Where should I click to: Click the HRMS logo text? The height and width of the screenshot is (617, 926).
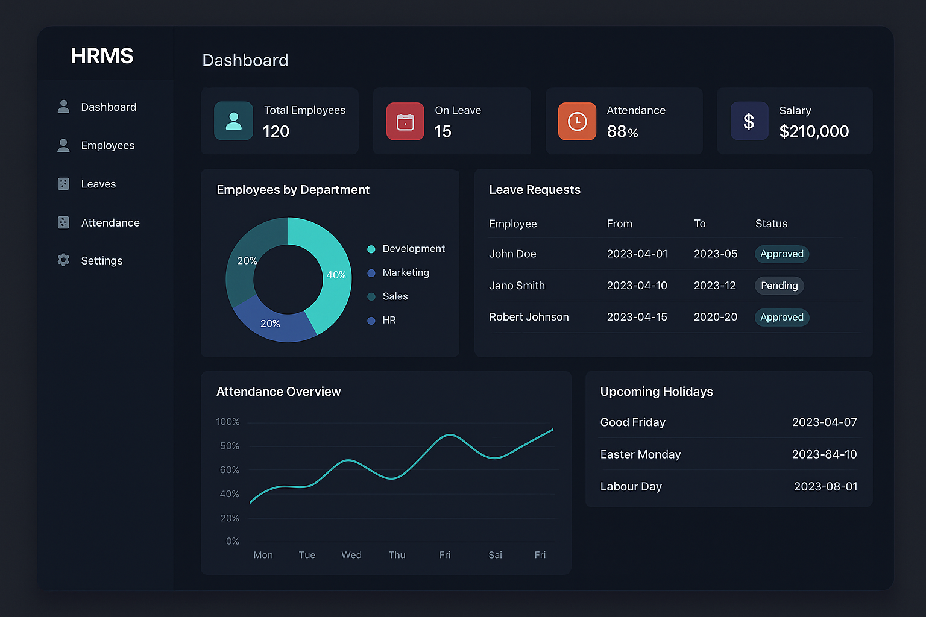(x=102, y=56)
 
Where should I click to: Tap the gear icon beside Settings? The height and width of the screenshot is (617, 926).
(x=63, y=260)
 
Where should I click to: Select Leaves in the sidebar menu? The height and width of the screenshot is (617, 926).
(x=98, y=184)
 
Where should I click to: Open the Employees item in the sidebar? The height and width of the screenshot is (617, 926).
(x=107, y=146)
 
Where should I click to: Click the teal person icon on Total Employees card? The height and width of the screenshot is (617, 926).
(x=233, y=121)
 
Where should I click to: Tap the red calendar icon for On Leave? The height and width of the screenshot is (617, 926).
(x=405, y=121)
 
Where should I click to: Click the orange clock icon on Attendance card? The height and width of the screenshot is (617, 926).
(x=577, y=121)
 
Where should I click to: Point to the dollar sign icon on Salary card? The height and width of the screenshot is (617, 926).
(x=749, y=121)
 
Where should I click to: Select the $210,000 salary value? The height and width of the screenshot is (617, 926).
(x=813, y=131)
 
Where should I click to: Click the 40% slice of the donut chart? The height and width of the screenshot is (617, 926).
(x=332, y=275)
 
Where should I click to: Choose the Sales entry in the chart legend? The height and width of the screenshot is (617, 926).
(x=395, y=296)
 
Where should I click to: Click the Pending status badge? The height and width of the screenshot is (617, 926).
(x=779, y=286)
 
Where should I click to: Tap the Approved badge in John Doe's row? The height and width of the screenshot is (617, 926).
(x=781, y=254)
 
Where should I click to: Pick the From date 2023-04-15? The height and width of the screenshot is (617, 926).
(x=637, y=317)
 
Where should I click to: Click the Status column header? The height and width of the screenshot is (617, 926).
(x=771, y=224)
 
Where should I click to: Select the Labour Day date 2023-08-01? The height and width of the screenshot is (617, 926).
(x=825, y=487)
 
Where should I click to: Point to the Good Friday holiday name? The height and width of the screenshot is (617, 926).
(x=632, y=422)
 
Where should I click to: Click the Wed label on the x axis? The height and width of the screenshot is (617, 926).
(x=351, y=555)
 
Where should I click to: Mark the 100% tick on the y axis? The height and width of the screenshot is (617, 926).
(x=228, y=422)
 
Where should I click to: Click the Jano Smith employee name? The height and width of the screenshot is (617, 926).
(x=517, y=286)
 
